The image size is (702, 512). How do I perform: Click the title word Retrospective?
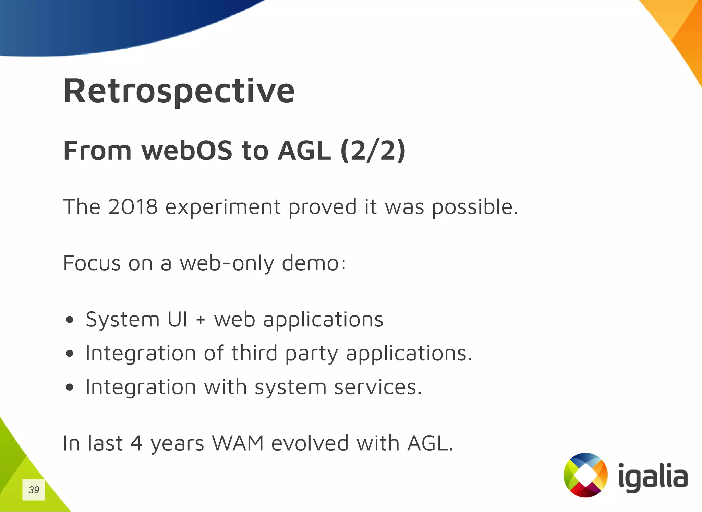179,91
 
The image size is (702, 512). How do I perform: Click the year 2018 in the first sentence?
133,207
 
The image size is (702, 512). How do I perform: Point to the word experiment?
223,207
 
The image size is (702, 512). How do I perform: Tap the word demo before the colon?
310,263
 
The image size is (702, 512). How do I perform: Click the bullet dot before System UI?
70,320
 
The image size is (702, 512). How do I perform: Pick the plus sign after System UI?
201,320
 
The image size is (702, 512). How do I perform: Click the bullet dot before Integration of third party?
70,354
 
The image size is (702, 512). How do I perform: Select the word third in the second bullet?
254,353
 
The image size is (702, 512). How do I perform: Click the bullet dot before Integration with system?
70,387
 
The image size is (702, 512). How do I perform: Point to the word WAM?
238,443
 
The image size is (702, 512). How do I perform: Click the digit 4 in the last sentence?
136,443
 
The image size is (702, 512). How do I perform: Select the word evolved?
310,443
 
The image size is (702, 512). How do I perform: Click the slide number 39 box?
34,490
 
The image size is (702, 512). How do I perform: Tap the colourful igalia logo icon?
585,475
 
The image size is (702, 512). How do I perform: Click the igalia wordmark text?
653,477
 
